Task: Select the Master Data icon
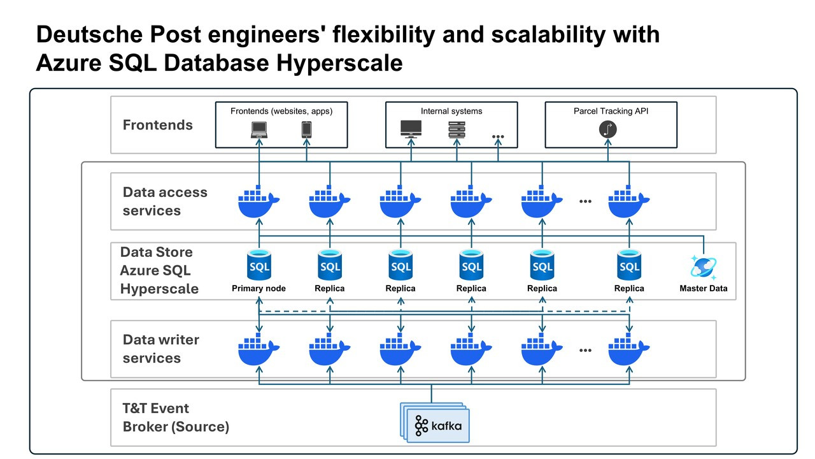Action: coord(703,267)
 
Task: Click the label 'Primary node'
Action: coord(259,289)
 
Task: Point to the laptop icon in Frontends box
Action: coord(259,130)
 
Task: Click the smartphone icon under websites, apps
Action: coord(306,130)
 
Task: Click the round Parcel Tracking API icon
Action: coord(608,129)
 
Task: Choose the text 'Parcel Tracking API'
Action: coord(611,111)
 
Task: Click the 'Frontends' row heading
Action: coord(158,125)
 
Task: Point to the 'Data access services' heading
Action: coord(165,201)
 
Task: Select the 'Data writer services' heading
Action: coord(161,349)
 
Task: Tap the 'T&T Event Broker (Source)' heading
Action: coord(176,418)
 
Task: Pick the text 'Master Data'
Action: coord(704,289)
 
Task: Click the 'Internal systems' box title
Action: coord(451,111)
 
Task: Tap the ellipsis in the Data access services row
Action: coord(586,201)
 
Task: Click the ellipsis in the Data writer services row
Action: coord(586,350)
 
